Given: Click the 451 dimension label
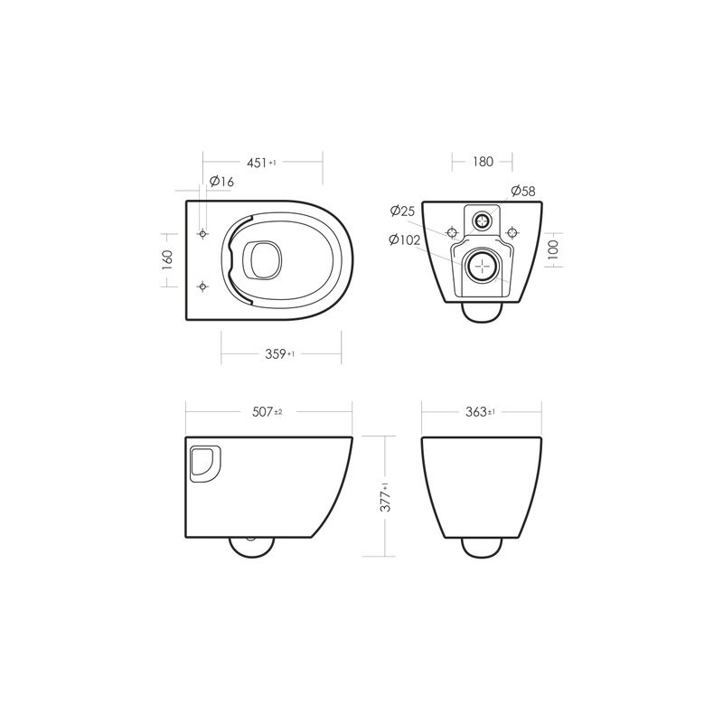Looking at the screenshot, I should (x=260, y=163).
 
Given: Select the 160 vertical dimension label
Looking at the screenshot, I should (x=166, y=260).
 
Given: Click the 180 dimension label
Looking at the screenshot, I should (x=482, y=162).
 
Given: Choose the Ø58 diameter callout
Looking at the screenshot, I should (x=522, y=191).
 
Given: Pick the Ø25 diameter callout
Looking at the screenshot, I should (x=402, y=211).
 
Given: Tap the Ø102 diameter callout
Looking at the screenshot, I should (x=405, y=239).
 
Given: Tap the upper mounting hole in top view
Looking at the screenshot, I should (x=202, y=234).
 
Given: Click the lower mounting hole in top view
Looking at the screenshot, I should (x=202, y=286).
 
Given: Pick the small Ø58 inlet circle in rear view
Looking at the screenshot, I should (x=484, y=221).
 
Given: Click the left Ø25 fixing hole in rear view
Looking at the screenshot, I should (x=453, y=230).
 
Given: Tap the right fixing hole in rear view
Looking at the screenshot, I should (x=513, y=230).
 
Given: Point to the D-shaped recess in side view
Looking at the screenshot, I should (x=203, y=463).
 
